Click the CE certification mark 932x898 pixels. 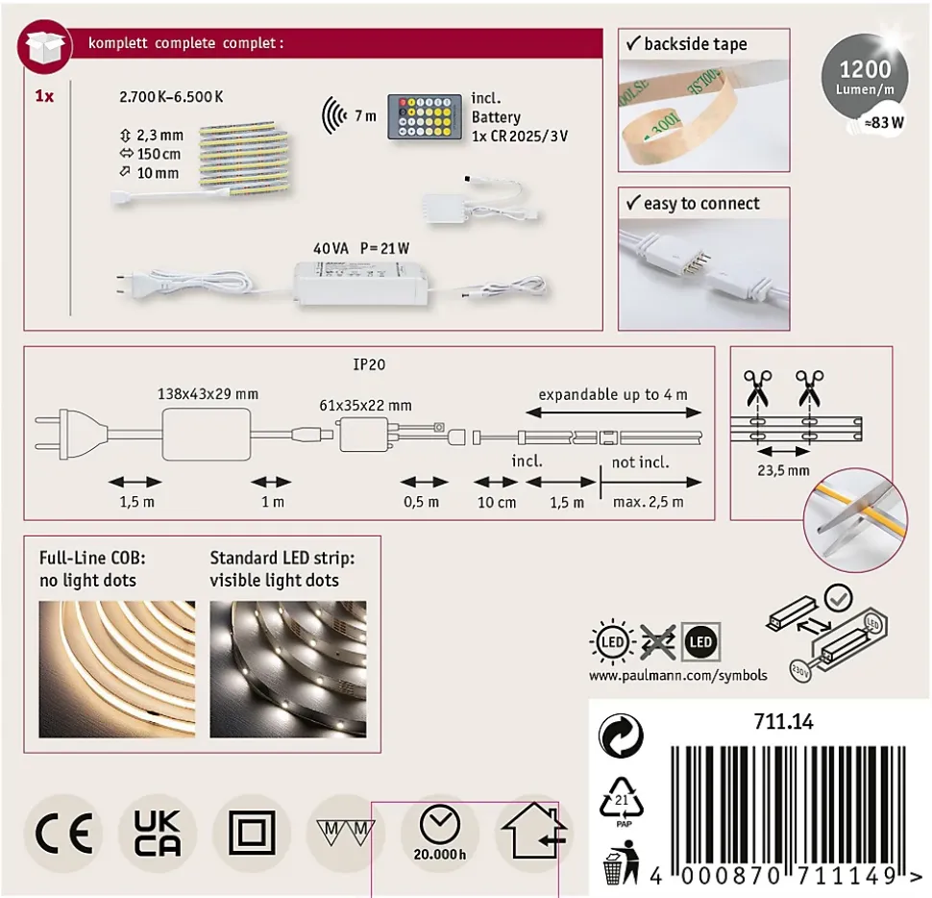62,833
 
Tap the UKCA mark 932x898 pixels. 156,833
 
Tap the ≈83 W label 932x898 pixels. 880,122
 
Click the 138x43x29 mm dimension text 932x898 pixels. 208,394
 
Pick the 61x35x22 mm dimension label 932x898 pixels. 366,406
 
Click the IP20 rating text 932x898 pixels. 368,365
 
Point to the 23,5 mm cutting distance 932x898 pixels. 784,470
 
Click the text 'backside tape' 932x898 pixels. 695,44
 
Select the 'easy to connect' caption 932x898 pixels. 701,204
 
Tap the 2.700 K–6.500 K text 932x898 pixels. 171,97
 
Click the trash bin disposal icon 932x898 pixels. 615,862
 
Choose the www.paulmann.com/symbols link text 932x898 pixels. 677,675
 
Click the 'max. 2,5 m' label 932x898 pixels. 650,502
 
